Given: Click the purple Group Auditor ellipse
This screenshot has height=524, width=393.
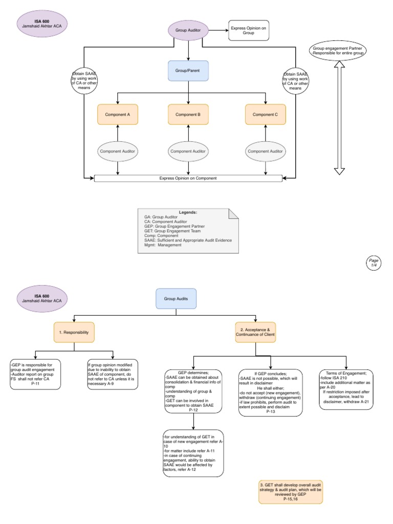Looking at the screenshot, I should pyautogui.click(x=188, y=31).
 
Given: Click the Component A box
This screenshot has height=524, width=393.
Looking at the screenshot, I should pyautogui.click(x=118, y=115).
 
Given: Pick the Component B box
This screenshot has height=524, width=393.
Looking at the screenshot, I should pyautogui.click(x=188, y=115).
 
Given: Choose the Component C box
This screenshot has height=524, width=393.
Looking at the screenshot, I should pyautogui.click(x=265, y=115).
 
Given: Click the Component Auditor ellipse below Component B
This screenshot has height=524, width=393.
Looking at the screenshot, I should pyautogui.click(x=188, y=151).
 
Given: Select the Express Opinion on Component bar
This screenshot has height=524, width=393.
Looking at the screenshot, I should pyautogui.click(x=188, y=178).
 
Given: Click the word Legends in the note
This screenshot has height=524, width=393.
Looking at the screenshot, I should pyautogui.click(x=187, y=212).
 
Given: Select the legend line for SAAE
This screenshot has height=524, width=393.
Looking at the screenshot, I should pyautogui.click(x=188, y=240).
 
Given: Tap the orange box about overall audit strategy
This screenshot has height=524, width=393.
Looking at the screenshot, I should pyautogui.click(x=291, y=492).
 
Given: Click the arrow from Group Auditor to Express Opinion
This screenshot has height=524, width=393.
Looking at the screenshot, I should pyautogui.click(x=217, y=31).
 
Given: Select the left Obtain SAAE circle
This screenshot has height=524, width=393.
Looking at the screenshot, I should pyautogui.click(x=84, y=80).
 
